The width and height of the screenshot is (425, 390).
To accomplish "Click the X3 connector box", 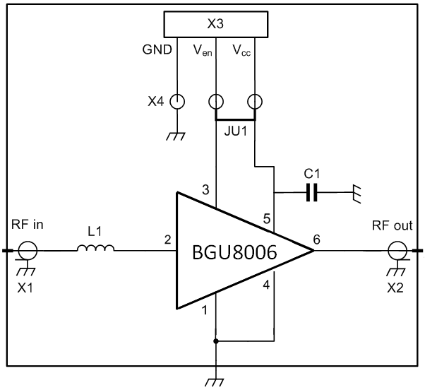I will pos(215,24).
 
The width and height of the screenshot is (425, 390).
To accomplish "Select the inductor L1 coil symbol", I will pos(95,249).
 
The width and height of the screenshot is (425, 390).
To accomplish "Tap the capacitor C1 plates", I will pos(312,192).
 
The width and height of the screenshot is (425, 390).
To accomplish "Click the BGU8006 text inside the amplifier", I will pos(235,252).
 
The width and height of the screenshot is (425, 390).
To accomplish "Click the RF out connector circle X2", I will pos(397,249).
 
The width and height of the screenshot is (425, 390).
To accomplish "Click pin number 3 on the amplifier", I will pos(205,189).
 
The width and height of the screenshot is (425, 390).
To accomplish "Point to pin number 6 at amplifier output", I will pos(316,240).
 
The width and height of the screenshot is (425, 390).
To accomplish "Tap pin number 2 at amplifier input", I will pos(167,240).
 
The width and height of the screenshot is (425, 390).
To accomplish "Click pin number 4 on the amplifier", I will pos(265,285).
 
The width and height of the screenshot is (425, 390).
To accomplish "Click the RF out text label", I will pos(393,226).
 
